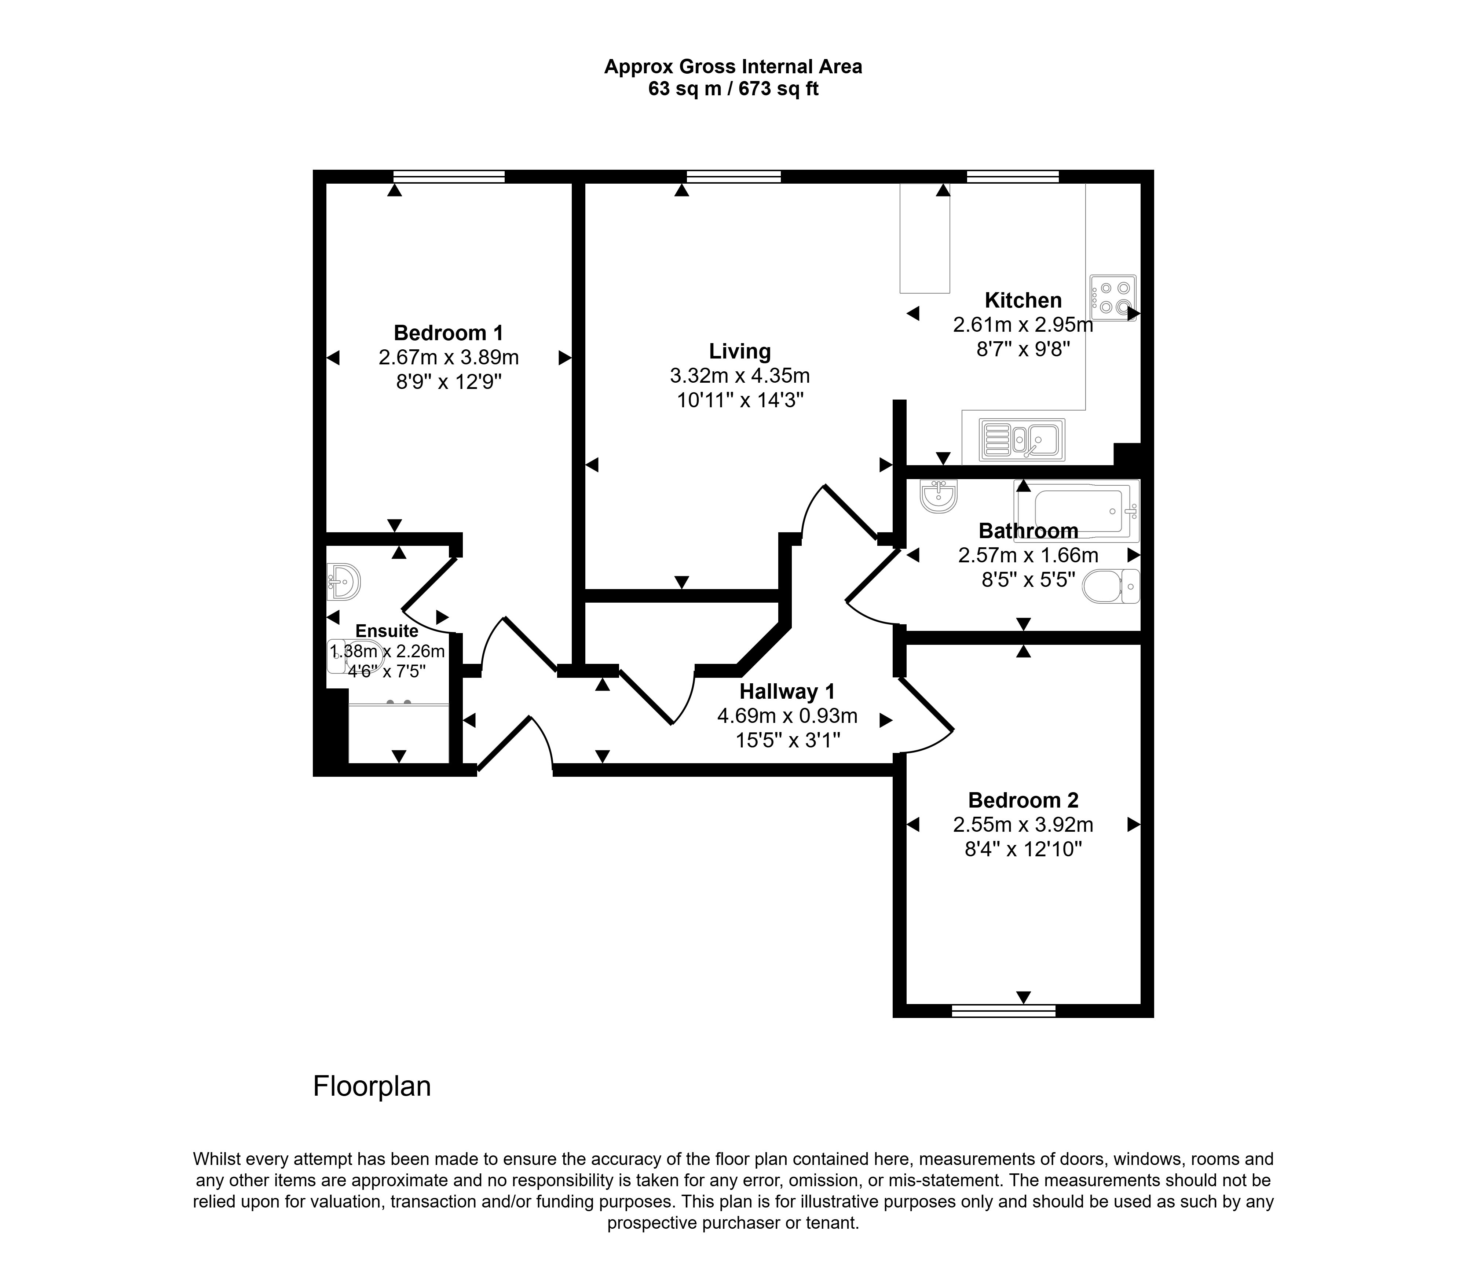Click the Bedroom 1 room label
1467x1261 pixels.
pos(448,332)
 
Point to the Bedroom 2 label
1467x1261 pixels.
pos(1023,800)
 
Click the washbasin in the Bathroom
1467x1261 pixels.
pos(939,495)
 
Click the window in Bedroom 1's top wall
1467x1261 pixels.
pos(449,176)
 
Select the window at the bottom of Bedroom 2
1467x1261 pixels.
pos(1003,1011)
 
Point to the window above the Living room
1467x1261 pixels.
pos(733,176)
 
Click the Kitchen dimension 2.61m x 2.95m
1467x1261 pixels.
pos(1023,325)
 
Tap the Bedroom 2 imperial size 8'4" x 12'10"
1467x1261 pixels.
pos(1023,849)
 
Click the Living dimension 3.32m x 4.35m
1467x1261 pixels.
pos(740,376)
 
